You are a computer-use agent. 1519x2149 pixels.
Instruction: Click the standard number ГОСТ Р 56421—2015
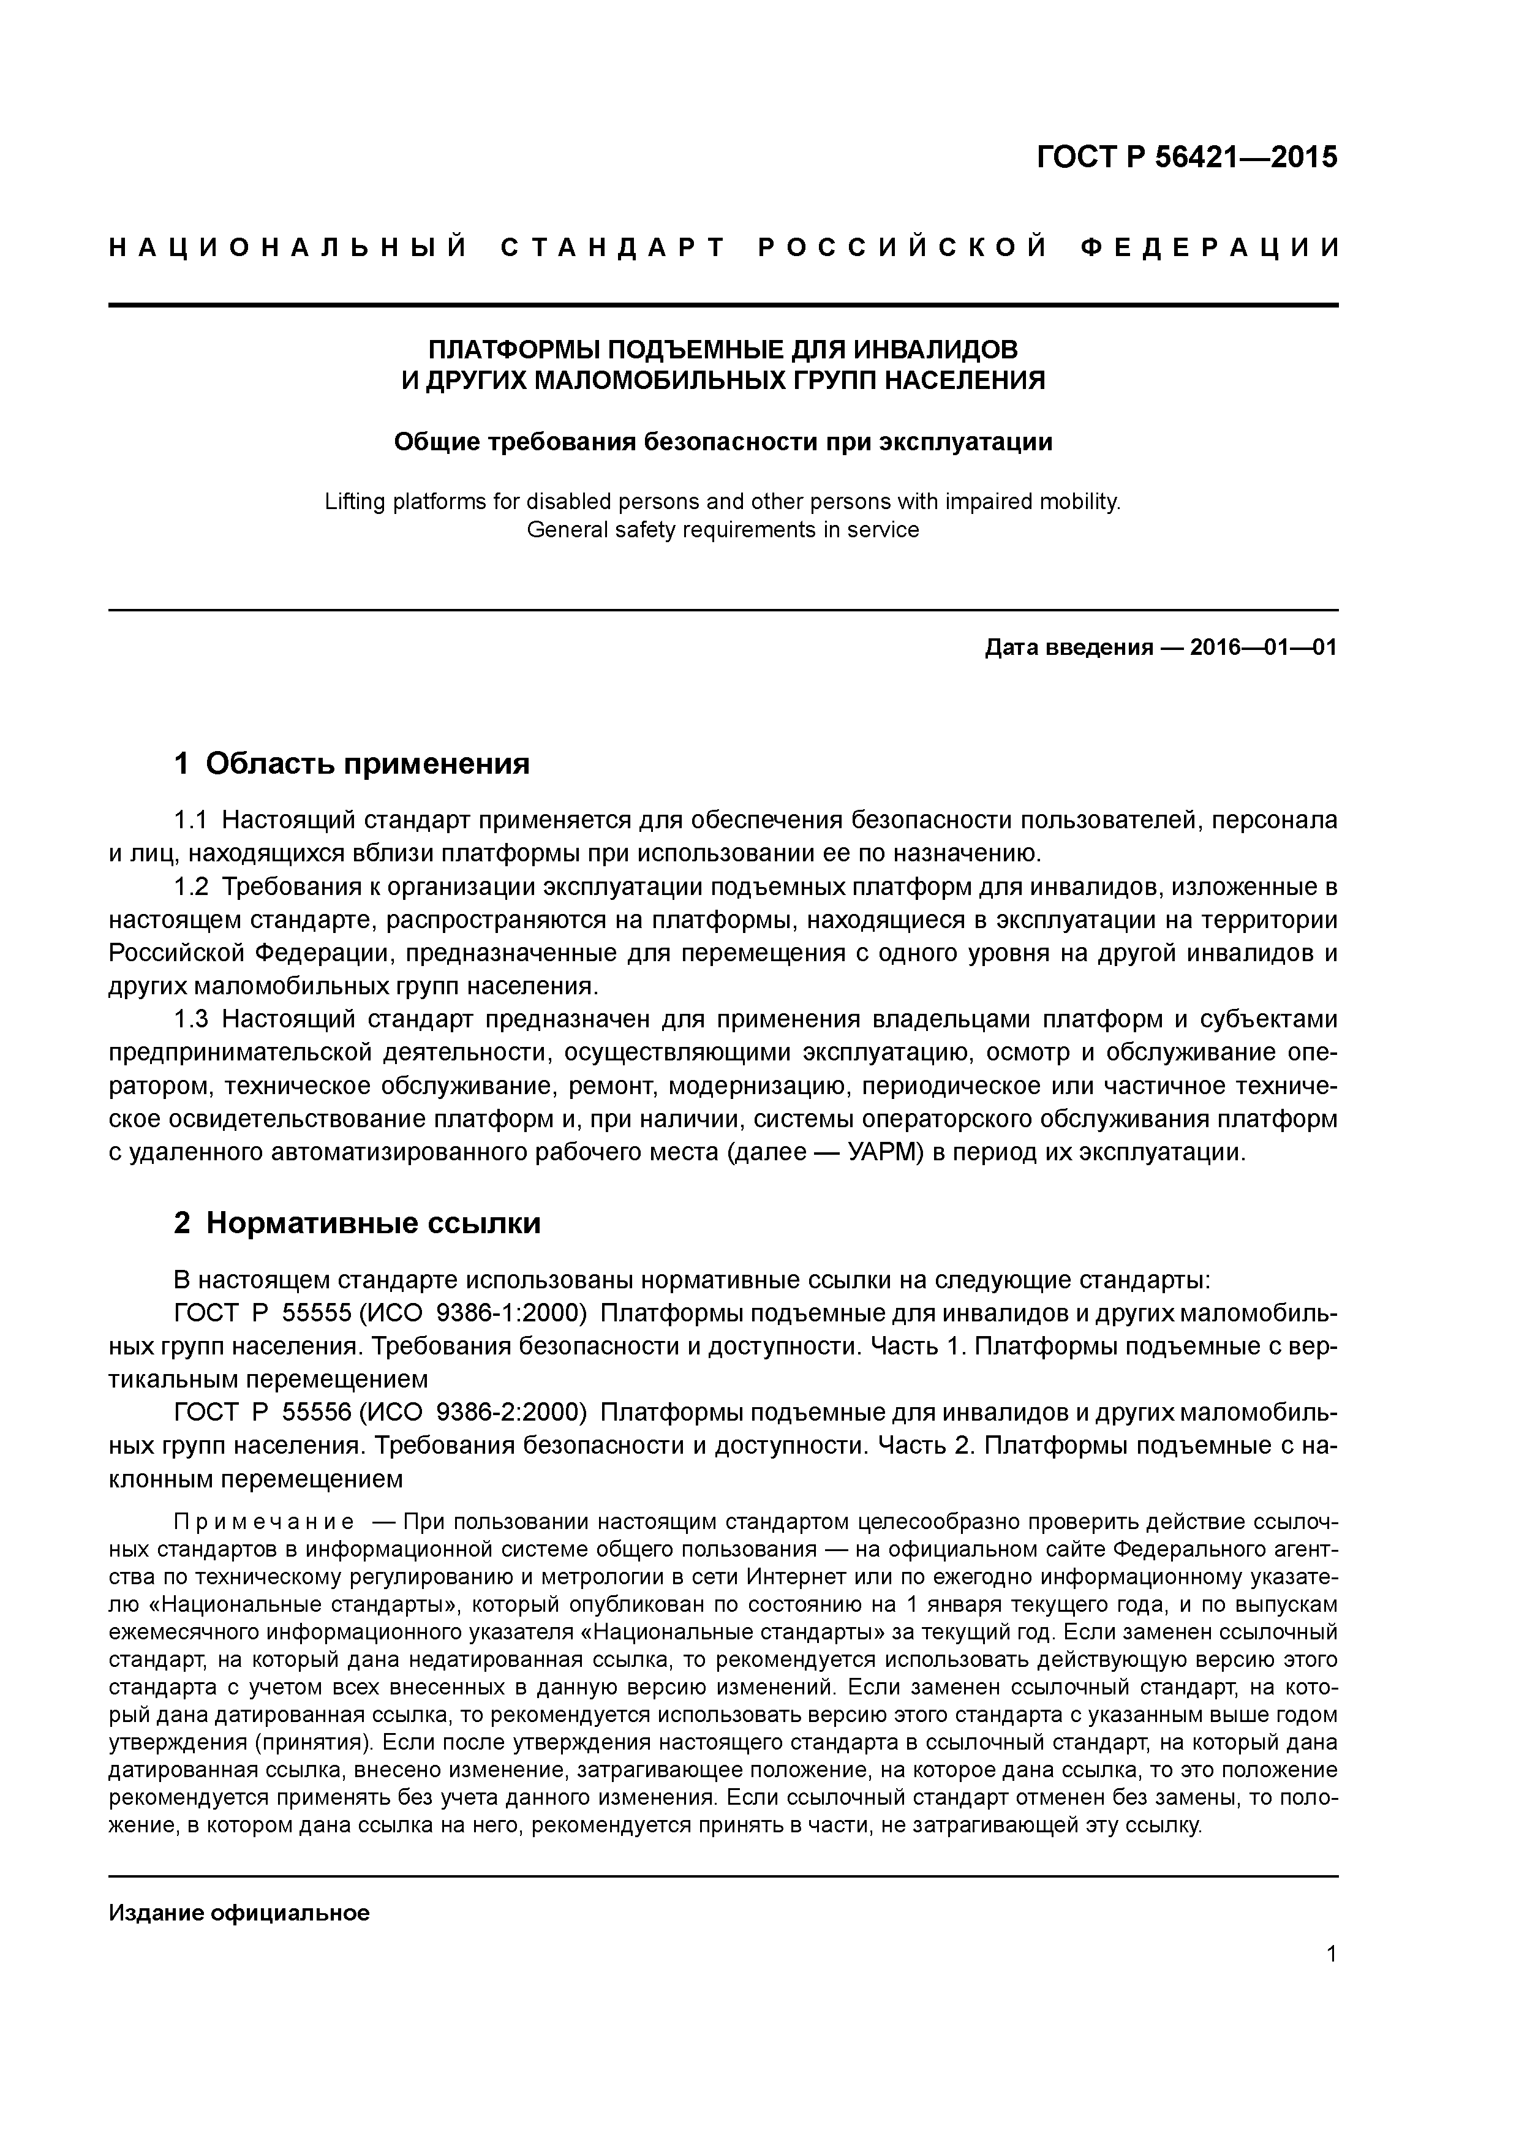pyautogui.click(x=1187, y=157)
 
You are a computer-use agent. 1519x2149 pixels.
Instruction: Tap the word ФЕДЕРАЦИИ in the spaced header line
pyautogui.click(x=1209, y=248)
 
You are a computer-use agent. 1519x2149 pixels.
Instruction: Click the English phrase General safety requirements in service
pyautogui.click(x=723, y=530)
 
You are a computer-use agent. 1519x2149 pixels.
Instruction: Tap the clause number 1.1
pyautogui.click(x=190, y=821)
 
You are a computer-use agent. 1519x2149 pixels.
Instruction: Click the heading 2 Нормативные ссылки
pyautogui.click(x=358, y=1223)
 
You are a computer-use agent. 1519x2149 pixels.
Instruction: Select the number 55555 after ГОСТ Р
pyautogui.click(x=316, y=1313)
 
